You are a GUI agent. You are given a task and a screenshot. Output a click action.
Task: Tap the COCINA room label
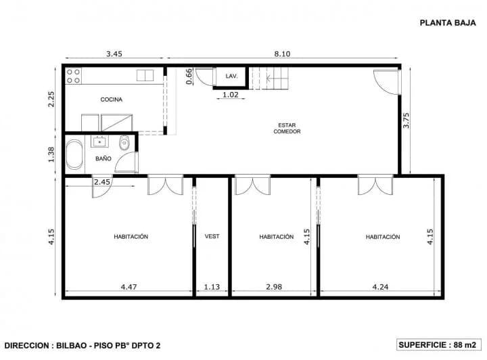click(x=112, y=99)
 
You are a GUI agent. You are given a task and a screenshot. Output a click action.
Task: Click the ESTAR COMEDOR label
click(x=287, y=128)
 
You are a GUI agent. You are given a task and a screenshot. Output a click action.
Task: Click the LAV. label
click(x=231, y=76)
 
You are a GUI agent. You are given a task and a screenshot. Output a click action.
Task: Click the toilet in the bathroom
click(x=123, y=143)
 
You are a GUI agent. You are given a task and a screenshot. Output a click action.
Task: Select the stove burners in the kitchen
click(x=73, y=75)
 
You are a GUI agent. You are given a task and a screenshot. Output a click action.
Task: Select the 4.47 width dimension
click(x=129, y=286)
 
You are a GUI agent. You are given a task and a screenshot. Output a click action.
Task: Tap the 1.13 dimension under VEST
click(x=212, y=286)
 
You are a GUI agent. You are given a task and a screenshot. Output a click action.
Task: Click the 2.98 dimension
click(x=274, y=286)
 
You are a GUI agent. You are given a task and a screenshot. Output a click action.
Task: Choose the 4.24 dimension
click(x=381, y=286)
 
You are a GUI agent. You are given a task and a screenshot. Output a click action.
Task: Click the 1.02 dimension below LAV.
click(x=231, y=95)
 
